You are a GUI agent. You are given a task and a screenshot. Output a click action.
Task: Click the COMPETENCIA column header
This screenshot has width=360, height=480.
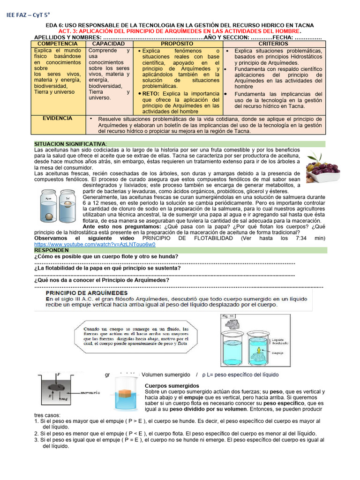tap(57, 44)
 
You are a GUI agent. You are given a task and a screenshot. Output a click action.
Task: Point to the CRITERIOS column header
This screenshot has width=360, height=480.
tap(274, 44)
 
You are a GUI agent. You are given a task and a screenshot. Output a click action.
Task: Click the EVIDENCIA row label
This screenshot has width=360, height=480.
tap(57, 119)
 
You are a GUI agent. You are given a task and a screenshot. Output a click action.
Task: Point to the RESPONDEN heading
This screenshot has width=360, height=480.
tap(51, 250)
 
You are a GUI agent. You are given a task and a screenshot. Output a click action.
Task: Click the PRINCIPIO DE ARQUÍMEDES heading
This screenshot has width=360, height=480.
tap(82, 292)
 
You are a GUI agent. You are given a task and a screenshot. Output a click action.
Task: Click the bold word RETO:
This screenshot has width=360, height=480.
tap(152, 93)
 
